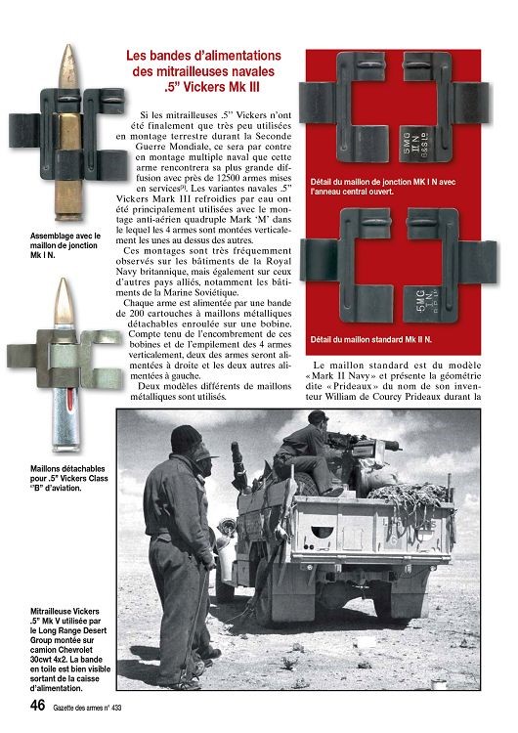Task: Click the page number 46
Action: (x=37, y=705)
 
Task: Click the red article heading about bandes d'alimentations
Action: (x=204, y=71)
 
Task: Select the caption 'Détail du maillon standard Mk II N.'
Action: (x=371, y=339)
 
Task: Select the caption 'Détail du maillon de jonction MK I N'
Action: (x=383, y=187)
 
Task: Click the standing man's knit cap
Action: (x=186, y=439)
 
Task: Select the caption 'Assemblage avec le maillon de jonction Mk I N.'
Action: (x=65, y=245)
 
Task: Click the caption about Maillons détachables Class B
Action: (x=69, y=478)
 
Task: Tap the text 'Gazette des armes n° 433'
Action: (x=87, y=708)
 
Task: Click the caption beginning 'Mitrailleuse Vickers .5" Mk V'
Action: (x=70, y=650)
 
